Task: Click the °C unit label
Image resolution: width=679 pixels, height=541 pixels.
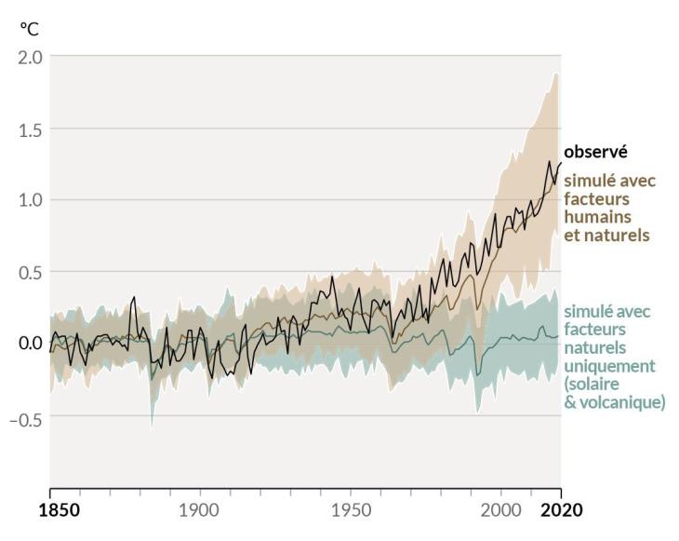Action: click(30, 29)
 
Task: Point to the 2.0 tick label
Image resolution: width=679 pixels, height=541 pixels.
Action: click(31, 57)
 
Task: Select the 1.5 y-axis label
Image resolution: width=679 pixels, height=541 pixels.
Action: click(31, 129)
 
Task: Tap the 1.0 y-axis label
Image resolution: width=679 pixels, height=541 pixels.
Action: click(31, 201)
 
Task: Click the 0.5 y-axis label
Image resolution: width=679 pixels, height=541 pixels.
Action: click(31, 273)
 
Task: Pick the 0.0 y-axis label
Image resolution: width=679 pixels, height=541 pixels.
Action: click(31, 343)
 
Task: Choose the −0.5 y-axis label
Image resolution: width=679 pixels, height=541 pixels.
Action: click(26, 419)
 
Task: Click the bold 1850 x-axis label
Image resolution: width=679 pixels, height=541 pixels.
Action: click(60, 510)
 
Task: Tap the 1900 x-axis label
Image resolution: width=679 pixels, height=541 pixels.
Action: click(199, 510)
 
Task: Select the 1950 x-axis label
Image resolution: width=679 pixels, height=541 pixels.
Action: click(351, 510)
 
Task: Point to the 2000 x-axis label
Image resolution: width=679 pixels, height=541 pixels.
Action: click(501, 510)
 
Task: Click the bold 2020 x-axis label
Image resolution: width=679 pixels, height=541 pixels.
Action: click(562, 510)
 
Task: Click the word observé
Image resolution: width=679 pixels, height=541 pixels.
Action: click(595, 152)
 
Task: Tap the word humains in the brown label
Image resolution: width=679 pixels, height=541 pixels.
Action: click(597, 217)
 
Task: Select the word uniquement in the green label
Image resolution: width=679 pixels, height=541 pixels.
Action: click(609, 366)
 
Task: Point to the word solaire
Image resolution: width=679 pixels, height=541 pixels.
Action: click(592, 384)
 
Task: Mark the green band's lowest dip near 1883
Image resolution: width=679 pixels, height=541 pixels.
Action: click(152, 429)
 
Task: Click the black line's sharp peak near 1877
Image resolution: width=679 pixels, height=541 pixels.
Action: click(134, 297)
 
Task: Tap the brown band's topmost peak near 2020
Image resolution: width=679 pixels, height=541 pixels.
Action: click(556, 74)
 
